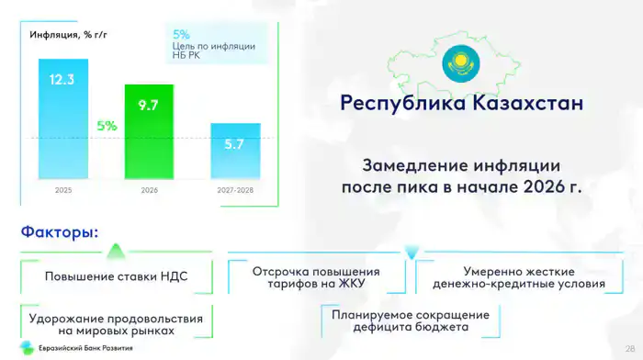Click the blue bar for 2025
click(x=63, y=118)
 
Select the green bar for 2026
click(x=149, y=131)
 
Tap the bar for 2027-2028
click(x=235, y=151)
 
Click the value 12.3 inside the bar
click(x=62, y=80)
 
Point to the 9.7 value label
click(x=148, y=106)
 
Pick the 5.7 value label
click(x=234, y=144)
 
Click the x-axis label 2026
click(x=149, y=190)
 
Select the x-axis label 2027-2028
click(x=235, y=190)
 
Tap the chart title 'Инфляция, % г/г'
click(x=68, y=35)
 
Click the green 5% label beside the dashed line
click(x=107, y=126)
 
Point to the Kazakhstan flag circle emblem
click(x=461, y=63)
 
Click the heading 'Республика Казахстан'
click(x=462, y=103)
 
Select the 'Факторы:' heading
click(x=60, y=231)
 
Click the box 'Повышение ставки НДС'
click(x=117, y=276)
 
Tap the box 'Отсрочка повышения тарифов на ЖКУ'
click(x=316, y=277)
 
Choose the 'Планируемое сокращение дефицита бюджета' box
click(x=411, y=321)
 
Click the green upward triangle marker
click(x=116, y=251)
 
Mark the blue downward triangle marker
click(x=412, y=252)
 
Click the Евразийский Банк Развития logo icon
click(x=27, y=348)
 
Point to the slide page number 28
click(x=630, y=348)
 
